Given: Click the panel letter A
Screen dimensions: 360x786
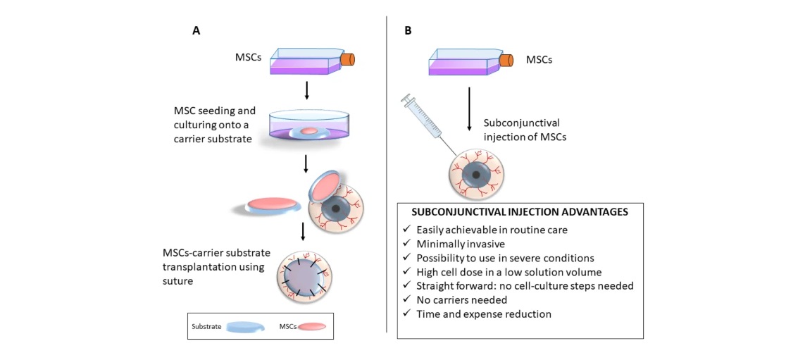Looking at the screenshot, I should click(x=196, y=31).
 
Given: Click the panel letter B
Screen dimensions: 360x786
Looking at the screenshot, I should click(x=408, y=31).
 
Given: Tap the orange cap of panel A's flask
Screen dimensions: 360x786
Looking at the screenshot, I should click(x=347, y=61).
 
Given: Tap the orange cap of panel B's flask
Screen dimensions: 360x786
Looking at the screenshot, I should click(x=506, y=61).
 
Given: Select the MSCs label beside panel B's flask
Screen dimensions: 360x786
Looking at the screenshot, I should click(x=539, y=60).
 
